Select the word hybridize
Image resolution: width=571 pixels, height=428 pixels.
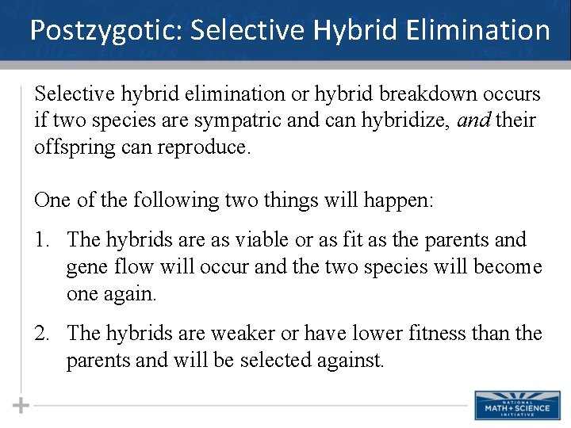click(x=391, y=121)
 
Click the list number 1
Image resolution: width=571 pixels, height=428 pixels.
click(x=42, y=239)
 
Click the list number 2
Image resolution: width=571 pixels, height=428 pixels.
click(x=42, y=334)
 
